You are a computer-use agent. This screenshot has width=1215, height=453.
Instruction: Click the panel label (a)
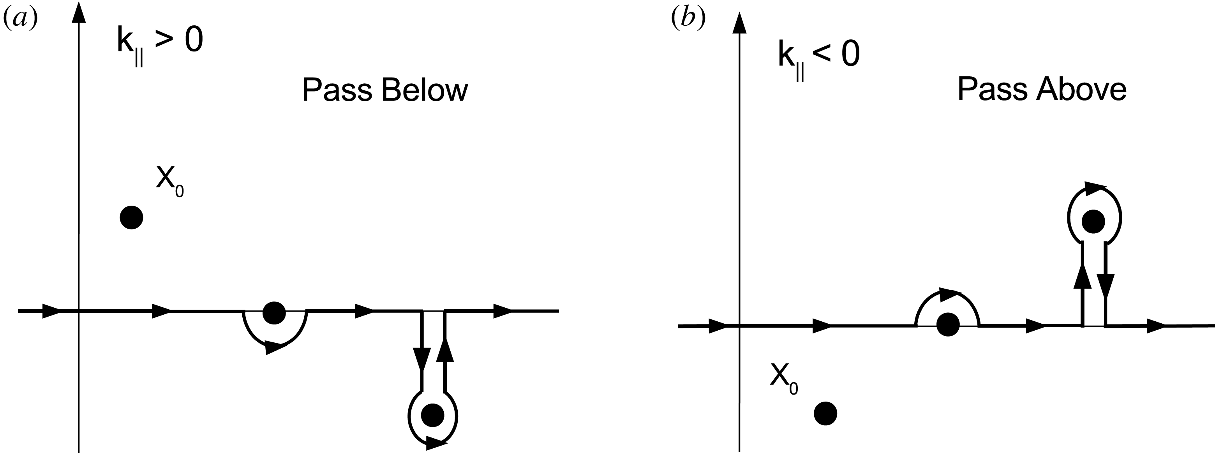20,19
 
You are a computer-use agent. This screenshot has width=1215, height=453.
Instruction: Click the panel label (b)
688,19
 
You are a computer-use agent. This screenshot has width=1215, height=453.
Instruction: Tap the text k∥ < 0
819,58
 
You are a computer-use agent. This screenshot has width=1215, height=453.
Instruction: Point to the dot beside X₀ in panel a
132,218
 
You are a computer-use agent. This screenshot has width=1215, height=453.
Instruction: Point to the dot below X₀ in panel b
825,413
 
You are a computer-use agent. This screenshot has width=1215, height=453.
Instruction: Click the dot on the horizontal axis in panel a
274,313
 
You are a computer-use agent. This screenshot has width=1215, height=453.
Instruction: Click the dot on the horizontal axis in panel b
947,324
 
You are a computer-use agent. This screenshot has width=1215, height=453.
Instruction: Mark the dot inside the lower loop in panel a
432,415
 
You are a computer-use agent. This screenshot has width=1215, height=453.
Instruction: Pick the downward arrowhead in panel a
421,359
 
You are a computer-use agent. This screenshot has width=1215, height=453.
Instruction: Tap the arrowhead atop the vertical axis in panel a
79,13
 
